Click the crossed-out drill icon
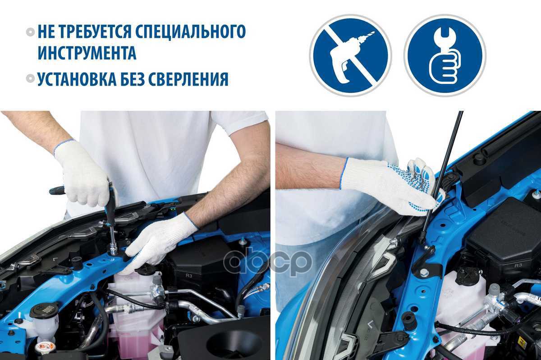350,56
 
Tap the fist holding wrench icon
445,56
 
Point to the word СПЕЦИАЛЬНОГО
191,32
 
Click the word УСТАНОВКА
77,79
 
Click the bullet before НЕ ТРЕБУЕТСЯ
31,32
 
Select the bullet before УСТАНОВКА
31,79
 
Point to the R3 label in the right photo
518,265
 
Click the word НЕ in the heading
47,32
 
